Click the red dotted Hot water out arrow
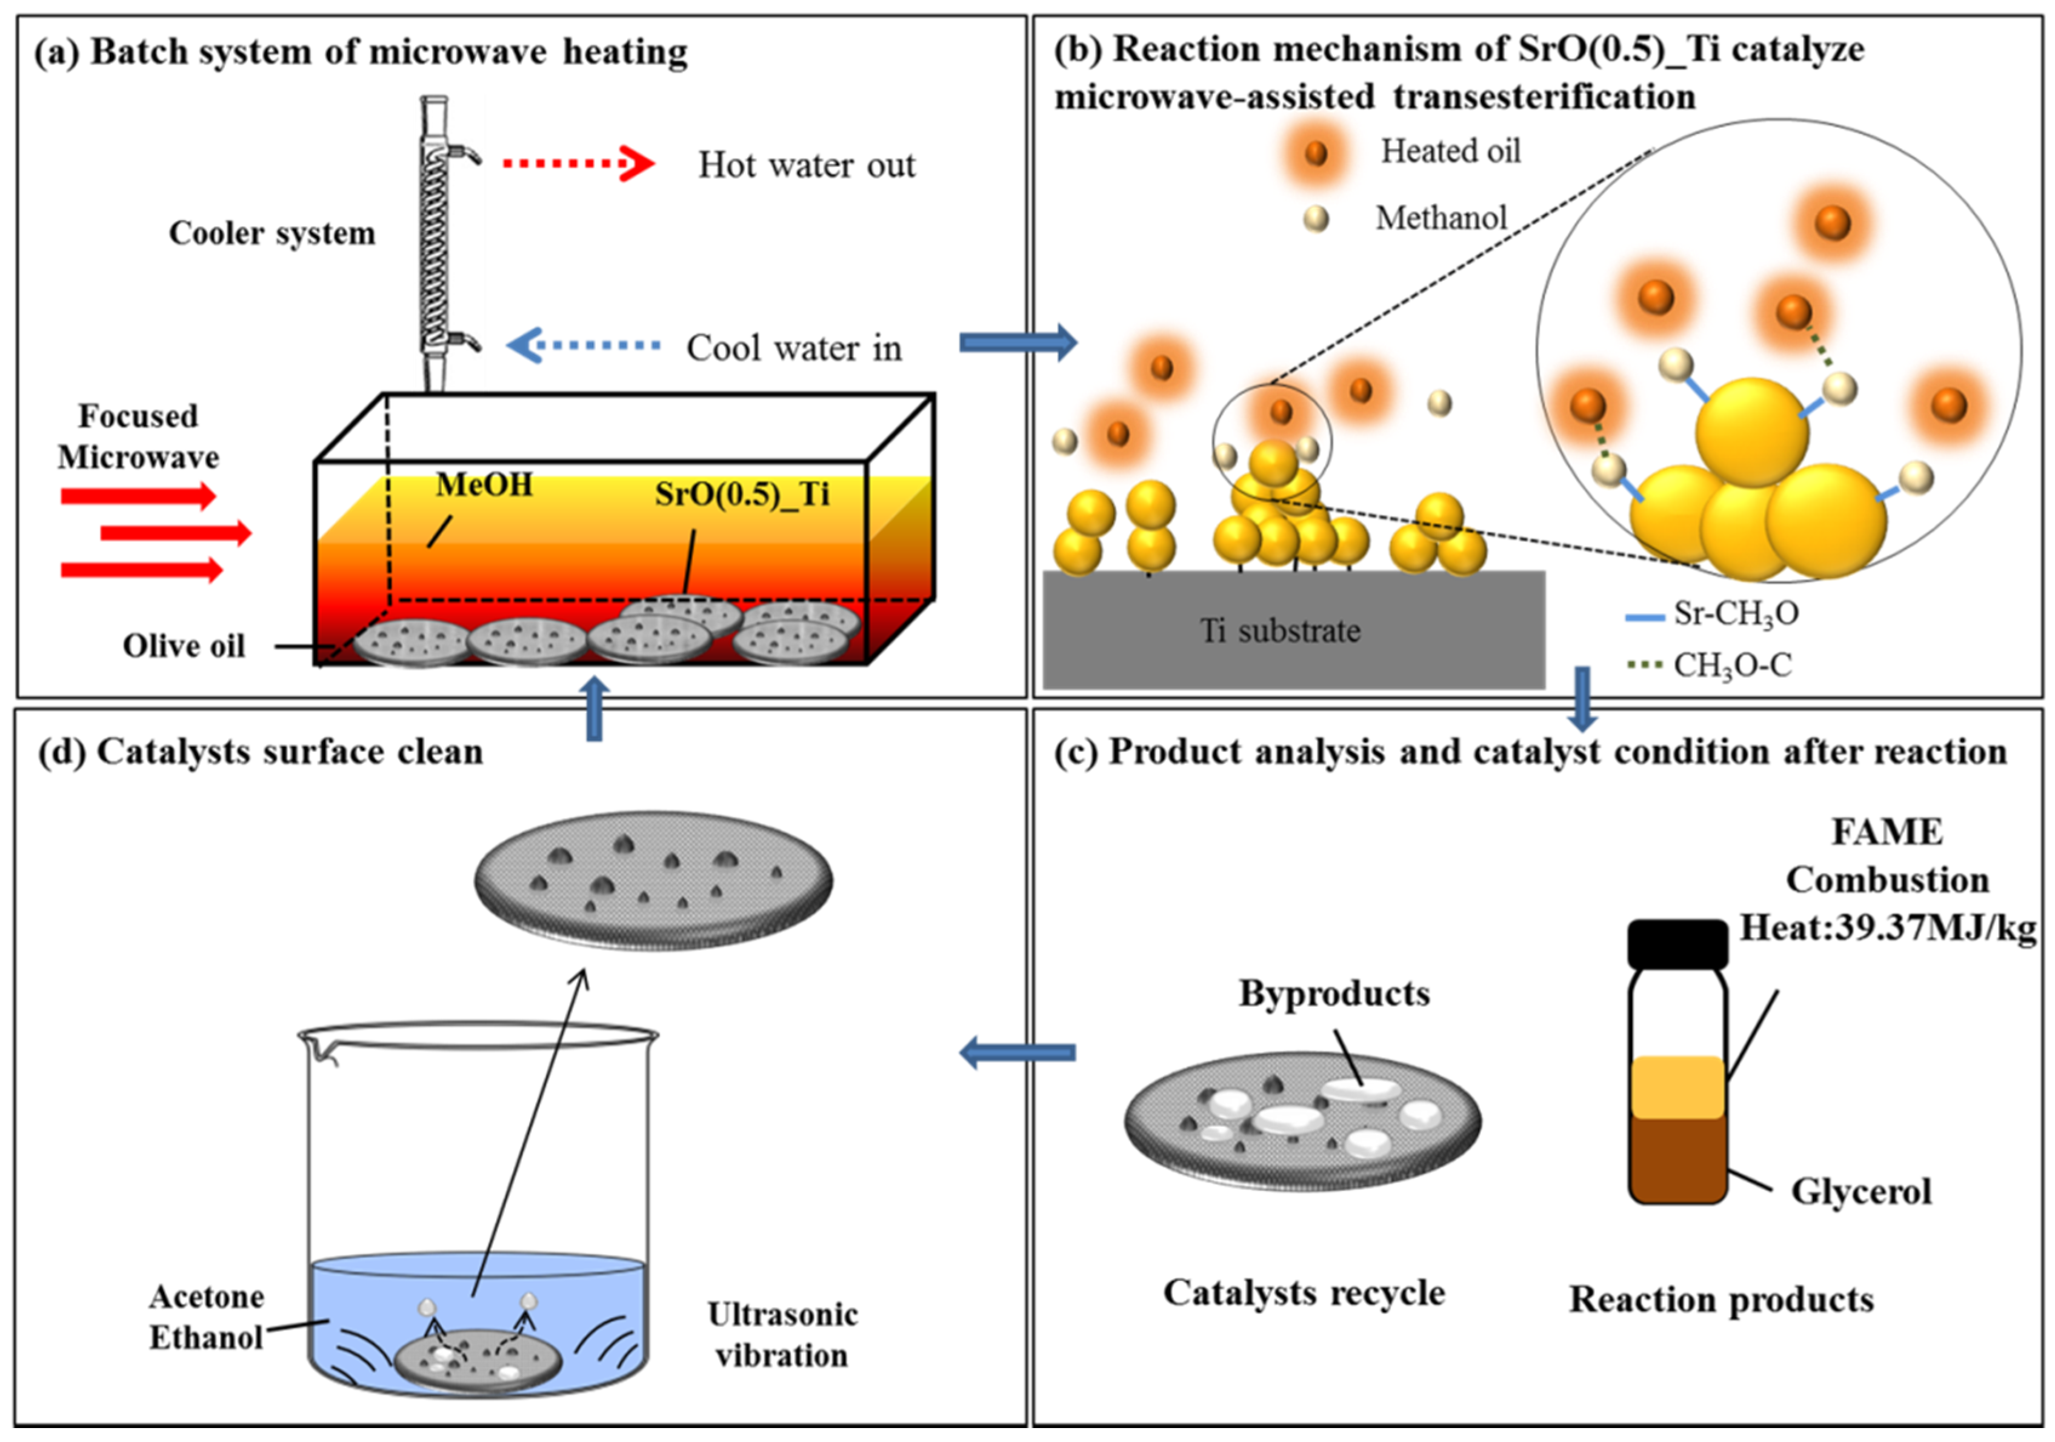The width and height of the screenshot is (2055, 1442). pyautogui.click(x=578, y=164)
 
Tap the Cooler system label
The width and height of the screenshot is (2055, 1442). pyautogui.click(x=272, y=233)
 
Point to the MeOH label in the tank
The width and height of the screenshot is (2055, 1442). pyautogui.click(x=484, y=485)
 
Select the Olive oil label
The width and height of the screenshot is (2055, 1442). pyautogui.click(x=184, y=646)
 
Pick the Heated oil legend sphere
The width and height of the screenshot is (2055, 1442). pyautogui.click(x=1315, y=154)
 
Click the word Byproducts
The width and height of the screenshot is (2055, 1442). pyautogui.click(x=1334, y=993)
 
